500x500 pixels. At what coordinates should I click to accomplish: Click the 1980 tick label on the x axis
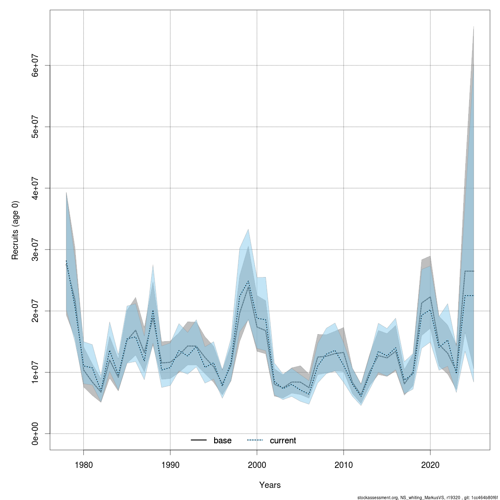(83, 464)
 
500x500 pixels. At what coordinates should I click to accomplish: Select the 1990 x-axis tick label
(170, 464)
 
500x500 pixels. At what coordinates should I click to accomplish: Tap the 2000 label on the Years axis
(257, 464)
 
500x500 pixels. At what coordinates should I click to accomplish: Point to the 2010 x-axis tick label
(343, 464)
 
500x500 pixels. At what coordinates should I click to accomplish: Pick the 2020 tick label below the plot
(430, 464)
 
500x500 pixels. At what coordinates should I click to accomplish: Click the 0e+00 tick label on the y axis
(36, 433)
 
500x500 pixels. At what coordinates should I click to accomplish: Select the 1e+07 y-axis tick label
(36, 372)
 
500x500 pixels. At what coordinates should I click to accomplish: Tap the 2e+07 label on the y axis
(36, 311)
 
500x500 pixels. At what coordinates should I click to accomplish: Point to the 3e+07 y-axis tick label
(36, 249)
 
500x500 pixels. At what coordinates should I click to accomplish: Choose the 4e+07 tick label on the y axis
(36, 188)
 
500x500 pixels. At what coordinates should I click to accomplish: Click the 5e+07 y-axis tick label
(36, 127)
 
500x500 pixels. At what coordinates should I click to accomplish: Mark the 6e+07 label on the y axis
(36, 65)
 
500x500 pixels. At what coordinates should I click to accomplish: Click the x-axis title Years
(270, 485)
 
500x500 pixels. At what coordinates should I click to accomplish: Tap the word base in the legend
(222, 440)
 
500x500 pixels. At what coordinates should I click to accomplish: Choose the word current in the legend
(283, 440)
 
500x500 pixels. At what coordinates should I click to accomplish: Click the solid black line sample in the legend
(199, 440)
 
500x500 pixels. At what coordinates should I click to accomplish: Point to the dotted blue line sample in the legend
(255, 440)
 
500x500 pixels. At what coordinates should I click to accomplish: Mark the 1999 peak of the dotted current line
(248, 281)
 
